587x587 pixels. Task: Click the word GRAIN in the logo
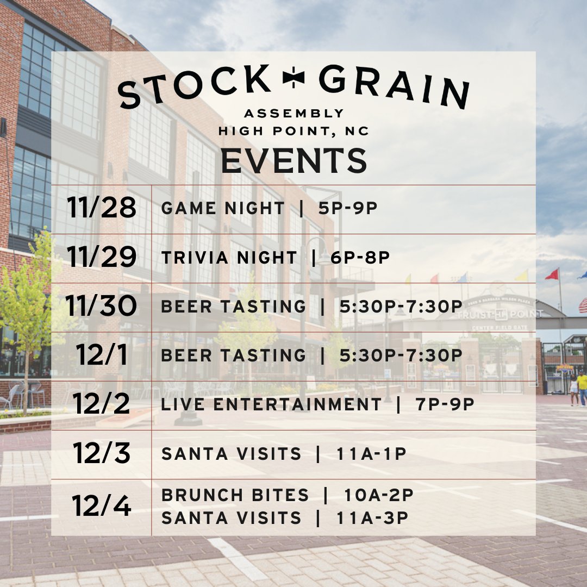click(394, 86)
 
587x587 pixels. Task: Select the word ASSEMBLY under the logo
click(294, 114)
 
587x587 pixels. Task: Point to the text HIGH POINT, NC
click(294, 131)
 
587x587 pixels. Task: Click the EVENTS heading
click(294, 160)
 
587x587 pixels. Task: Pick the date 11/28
click(102, 208)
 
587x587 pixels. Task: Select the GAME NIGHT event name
click(223, 208)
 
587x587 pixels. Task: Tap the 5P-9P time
click(348, 208)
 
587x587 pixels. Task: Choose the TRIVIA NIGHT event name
click(229, 258)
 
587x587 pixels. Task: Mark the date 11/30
click(102, 307)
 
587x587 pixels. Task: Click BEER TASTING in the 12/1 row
click(234, 355)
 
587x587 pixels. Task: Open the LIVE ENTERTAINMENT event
click(272, 404)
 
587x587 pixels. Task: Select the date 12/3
click(102, 453)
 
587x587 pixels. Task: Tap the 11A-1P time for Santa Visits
click(371, 454)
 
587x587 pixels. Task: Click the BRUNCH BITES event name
click(235, 495)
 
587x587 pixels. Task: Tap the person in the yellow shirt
click(582, 386)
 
